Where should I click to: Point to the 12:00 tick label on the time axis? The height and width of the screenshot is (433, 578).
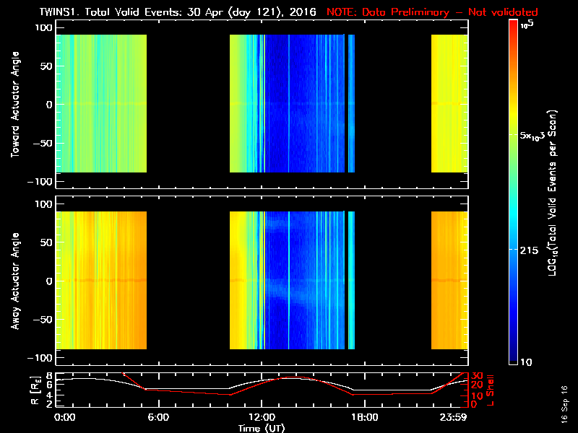pos(262,417)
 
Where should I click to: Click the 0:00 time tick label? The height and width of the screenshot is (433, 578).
pos(65,417)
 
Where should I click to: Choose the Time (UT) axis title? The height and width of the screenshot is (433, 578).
pos(262,428)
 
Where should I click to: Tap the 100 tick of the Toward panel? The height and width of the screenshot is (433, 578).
pos(44,27)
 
